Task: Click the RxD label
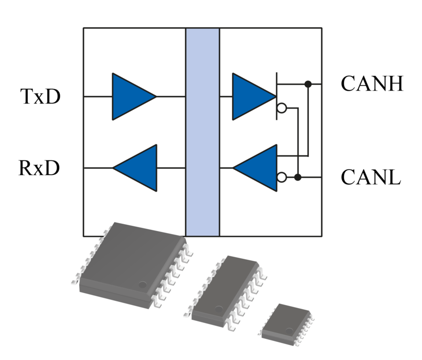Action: click(40, 168)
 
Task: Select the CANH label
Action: click(372, 84)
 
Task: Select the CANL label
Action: click(371, 177)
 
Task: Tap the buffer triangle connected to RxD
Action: click(138, 168)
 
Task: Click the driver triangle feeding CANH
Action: click(251, 96)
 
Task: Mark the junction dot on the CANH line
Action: click(308, 84)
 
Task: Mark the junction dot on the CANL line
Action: click(298, 177)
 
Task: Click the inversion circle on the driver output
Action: click(282, 108)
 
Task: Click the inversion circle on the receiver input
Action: click(282, 177)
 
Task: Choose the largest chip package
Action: click(131, 262)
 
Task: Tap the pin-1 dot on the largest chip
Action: click(143, 284)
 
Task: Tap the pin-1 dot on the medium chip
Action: click(219, 309)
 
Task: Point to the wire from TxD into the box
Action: click(98, 96)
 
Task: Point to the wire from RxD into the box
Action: click(98, 168)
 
